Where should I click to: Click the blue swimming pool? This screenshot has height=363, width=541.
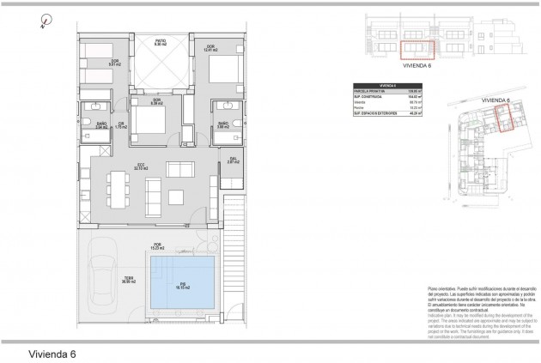tap(183, 285)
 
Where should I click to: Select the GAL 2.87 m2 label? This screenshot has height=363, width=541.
tap(232, 160)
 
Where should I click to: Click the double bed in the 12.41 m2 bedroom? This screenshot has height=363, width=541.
tap(220, 68)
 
